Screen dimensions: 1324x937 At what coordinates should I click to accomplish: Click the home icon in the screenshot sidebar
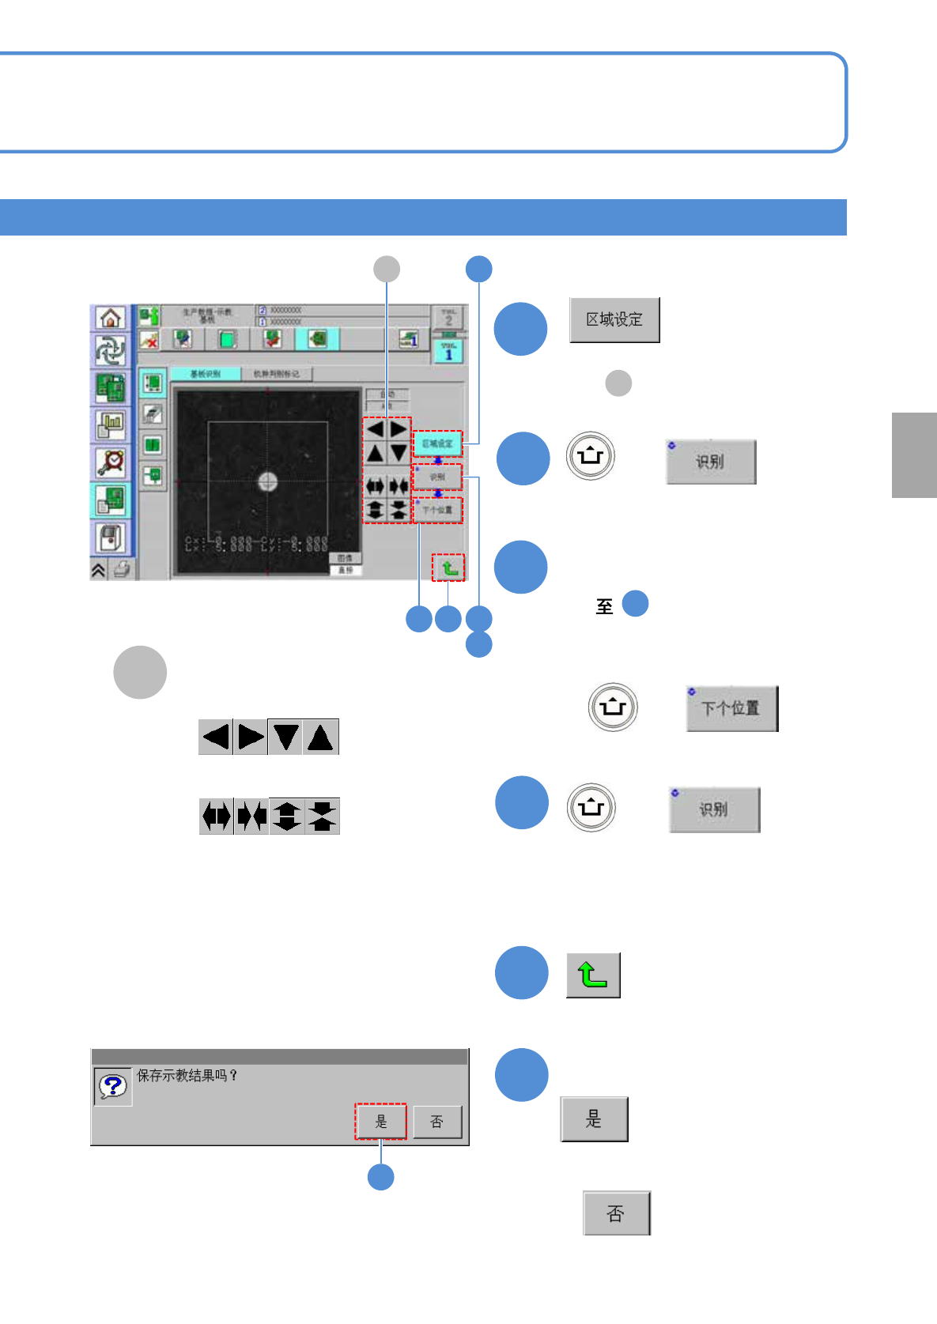pyautogui.click(x=110, y=318)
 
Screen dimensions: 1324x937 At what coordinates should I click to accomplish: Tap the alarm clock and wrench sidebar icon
pyautogui.click(x=110, y=462)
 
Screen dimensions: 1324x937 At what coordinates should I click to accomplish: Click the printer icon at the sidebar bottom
pyautogui.click(x=121, y=569)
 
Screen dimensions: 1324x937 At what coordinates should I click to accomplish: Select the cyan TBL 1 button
pyautogui.click(x=448, y=351)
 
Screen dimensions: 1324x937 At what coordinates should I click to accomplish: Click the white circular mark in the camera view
pyautogui.click(x=267, y=481)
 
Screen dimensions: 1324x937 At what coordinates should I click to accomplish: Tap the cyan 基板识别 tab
pyautogui.click(x=206, y=374)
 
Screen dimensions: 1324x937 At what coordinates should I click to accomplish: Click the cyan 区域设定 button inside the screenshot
pyautogui.click(x=437, y=443)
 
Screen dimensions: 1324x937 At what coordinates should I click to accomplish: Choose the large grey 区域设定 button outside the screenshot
pyautogui.click(x=614, y=319)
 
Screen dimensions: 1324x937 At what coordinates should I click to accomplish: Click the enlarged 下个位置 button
pyautogui.click(x=731, y=708)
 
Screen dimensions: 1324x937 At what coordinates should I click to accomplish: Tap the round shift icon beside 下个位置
pyautogui.click(x=613, y=707)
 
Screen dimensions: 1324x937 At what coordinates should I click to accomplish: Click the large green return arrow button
pyautogui.click(x=593, y=975)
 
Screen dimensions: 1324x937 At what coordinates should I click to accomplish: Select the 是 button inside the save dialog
pyautogui.click(x=380, y=1122)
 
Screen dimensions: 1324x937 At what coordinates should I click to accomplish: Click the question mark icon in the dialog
pyautogui.click(x=112, y=1086)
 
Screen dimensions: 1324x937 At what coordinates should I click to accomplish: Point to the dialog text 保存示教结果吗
pyautogui.click(x=187, y=1076)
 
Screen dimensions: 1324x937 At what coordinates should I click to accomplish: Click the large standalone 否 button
pyautogui.click(x=616, y=1213)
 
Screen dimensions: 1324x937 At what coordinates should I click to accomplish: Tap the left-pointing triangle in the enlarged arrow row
pyautogui.click(x=216, y=737)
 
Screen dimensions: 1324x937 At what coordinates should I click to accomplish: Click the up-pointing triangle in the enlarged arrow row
pyautogui.click(x=320, y=737)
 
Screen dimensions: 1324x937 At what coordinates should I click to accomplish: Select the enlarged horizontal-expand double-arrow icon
pyautogui.click(x=216, y=816)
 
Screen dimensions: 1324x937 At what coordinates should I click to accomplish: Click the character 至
pyautogui.click(x=604, y=606)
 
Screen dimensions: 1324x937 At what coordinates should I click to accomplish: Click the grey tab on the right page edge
pyautogui.click(x=914, y=455)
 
